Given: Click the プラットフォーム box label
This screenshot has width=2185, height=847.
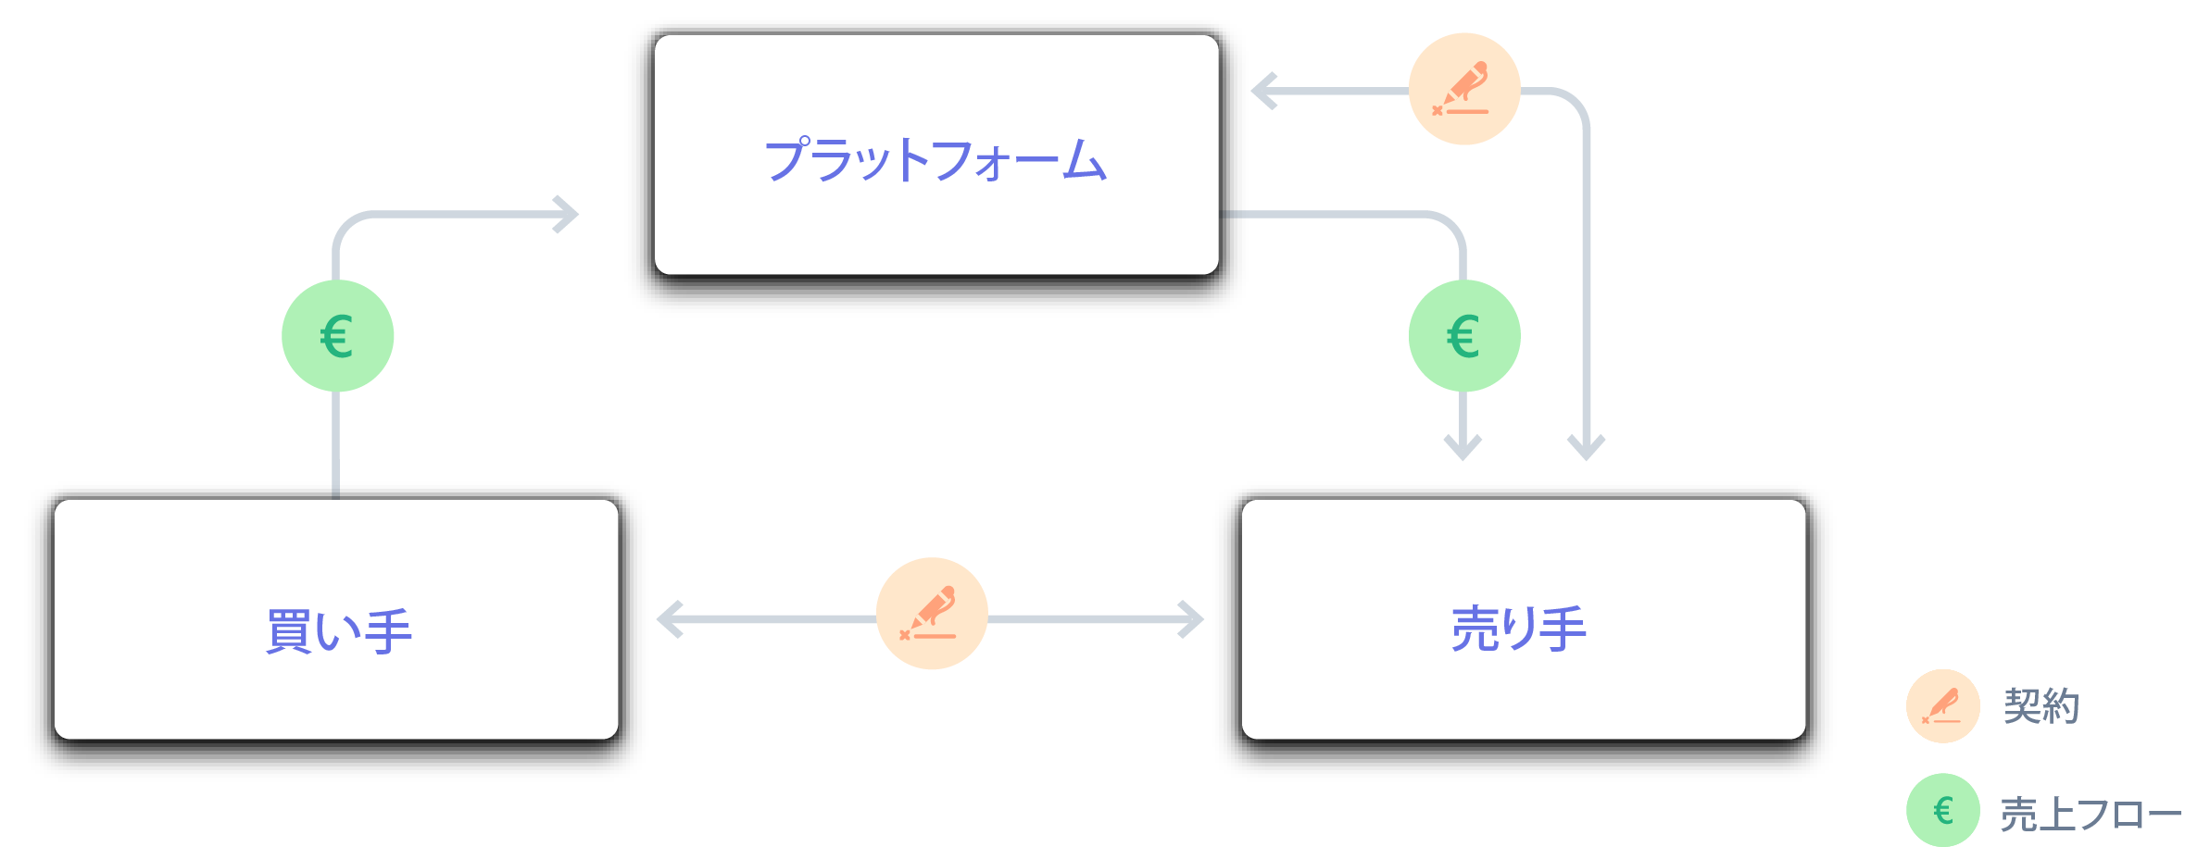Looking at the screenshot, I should tap(936, 159).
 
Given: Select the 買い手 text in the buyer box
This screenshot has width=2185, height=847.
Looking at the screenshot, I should tap(338, 631).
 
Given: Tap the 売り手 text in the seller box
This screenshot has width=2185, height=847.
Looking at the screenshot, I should tap(1518, 629).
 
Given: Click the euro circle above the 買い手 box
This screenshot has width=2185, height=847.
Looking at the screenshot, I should tap(337, 336).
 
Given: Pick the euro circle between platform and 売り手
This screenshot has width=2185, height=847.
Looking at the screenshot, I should tap(1463, 336).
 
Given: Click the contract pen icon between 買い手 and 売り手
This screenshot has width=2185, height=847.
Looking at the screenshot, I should tap(931, 613).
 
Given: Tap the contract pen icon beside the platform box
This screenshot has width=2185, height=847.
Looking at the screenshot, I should tap(1463, 89).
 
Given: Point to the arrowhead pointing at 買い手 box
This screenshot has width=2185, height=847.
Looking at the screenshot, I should tap(669, 619).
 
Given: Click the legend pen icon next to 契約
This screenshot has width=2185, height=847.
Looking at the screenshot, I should tap(1942, 706).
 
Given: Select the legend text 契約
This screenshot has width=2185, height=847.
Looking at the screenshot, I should tap(2041, 706).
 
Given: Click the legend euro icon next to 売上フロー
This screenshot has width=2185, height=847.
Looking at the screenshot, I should tap(1942, 810).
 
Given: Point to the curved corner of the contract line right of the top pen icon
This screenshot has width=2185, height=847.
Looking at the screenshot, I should tap(1576, 101).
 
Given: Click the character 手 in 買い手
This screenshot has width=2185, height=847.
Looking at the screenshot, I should tap(389, 631).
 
